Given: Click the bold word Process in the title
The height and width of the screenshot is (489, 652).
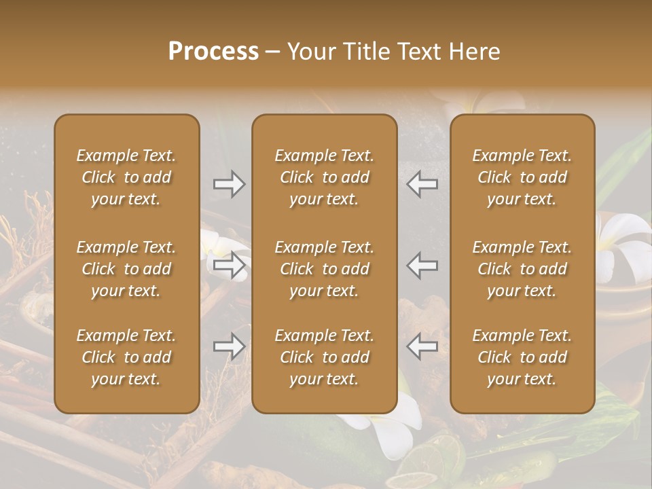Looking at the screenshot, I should click(213, 52).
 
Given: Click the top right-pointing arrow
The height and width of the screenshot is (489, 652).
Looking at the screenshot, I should click(230, 184).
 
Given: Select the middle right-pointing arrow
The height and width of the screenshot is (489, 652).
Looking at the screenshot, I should click(230, 265).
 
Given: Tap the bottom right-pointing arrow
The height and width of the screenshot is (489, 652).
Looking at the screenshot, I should click(230, 346).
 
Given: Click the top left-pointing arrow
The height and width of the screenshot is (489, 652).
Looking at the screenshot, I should click(422, 184).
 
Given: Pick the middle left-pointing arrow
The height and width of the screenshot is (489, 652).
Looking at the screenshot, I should click(422, 265).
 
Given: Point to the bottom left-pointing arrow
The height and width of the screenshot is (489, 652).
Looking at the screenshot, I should click(422, 346).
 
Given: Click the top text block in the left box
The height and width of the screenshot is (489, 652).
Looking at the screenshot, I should click(126, 177).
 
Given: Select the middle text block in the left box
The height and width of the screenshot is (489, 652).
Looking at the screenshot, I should click(126, 269).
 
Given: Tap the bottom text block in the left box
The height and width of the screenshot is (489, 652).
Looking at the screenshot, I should click(126, 357).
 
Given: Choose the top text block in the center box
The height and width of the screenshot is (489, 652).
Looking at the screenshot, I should click(324, 177).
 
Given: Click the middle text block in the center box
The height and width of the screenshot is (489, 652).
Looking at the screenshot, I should click(324, 269).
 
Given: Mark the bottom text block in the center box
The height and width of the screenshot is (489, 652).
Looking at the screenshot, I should click(324, 357).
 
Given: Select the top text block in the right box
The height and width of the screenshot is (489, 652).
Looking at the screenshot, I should click(522, 177).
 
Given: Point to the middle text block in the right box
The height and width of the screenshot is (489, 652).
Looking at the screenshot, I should click(522, 269).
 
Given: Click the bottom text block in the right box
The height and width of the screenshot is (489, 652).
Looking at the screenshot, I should click(522, 357).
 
